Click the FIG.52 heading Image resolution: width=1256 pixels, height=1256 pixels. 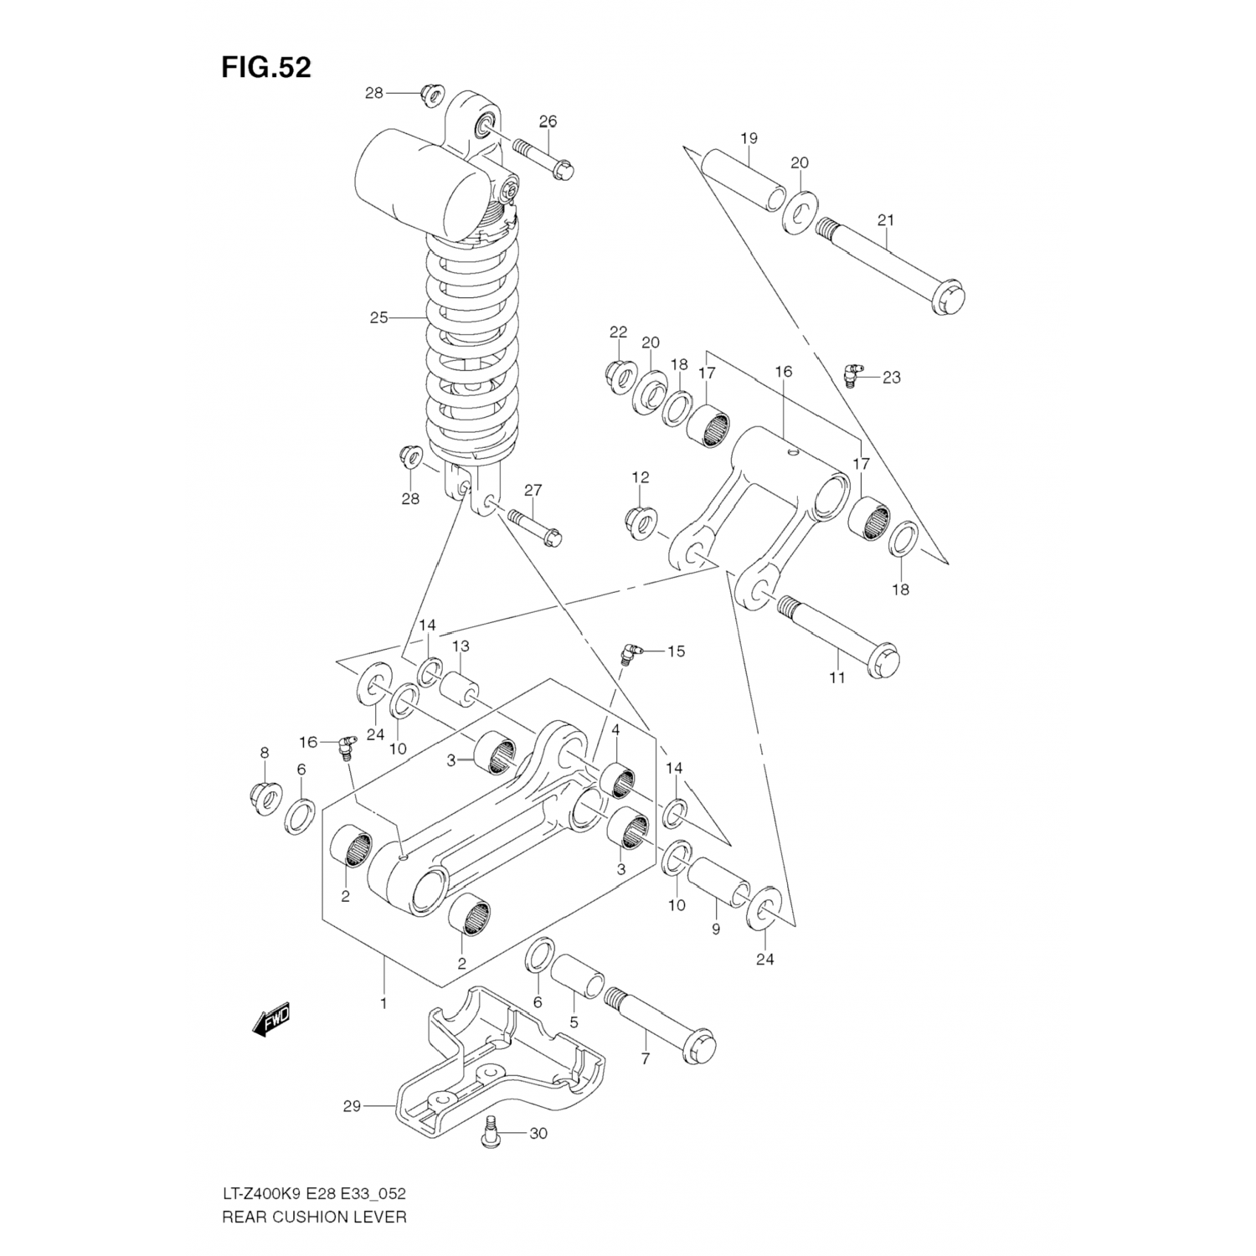click(x=265, y=67)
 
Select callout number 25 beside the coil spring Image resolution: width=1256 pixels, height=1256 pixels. click(x=379, y=318)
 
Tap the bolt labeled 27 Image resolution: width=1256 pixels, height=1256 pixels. click(x=533, y=528)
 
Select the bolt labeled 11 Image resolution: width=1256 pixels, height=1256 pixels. click(x=838, y=634)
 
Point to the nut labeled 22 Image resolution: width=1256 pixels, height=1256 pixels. click(x=620, y=376)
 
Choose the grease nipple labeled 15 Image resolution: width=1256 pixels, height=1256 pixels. click(x=629, y=654)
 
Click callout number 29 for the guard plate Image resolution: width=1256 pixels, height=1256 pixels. click(x=352, y=1106)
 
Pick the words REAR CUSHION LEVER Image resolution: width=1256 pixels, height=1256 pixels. click(x=314, y=1217)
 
